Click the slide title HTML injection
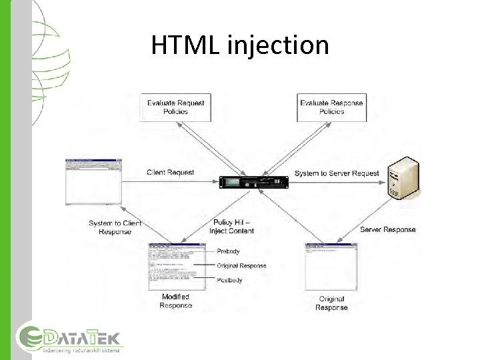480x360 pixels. pyautogui.click(x=240, y=45)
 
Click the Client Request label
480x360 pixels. pyautogui.click(x=171, y=173)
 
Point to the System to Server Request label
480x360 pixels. pyautogui.click(x=337, y=173)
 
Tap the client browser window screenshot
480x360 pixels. pyautogui.click(x=94, y=181)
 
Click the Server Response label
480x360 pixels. pyautogui.click(x=387, y=229)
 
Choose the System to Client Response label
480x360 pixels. pyautogui.click(x=115, y=227)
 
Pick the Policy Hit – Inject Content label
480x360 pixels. pyautogui.click(x=233, y=226)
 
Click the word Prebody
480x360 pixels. pyautogui.click(x=228, y=251)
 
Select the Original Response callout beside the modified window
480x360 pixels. pyautogui.click(x=241, y=265)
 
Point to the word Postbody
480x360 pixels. pyautogui.click(x=229, y=279)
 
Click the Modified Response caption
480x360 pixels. pyautogui.click(x=175, y=301)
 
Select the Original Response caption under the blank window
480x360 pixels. pyautogui.click(x=331, y=303)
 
